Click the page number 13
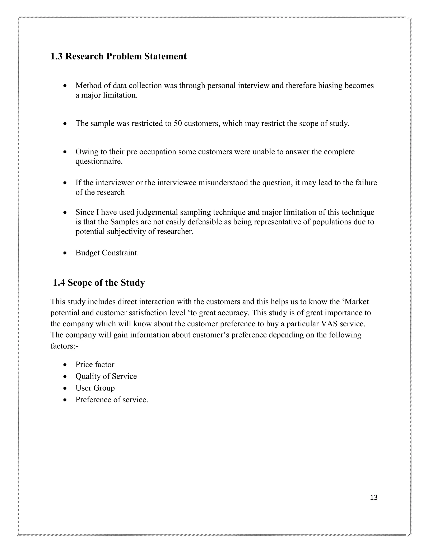373,497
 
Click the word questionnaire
99,162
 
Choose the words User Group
95,388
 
